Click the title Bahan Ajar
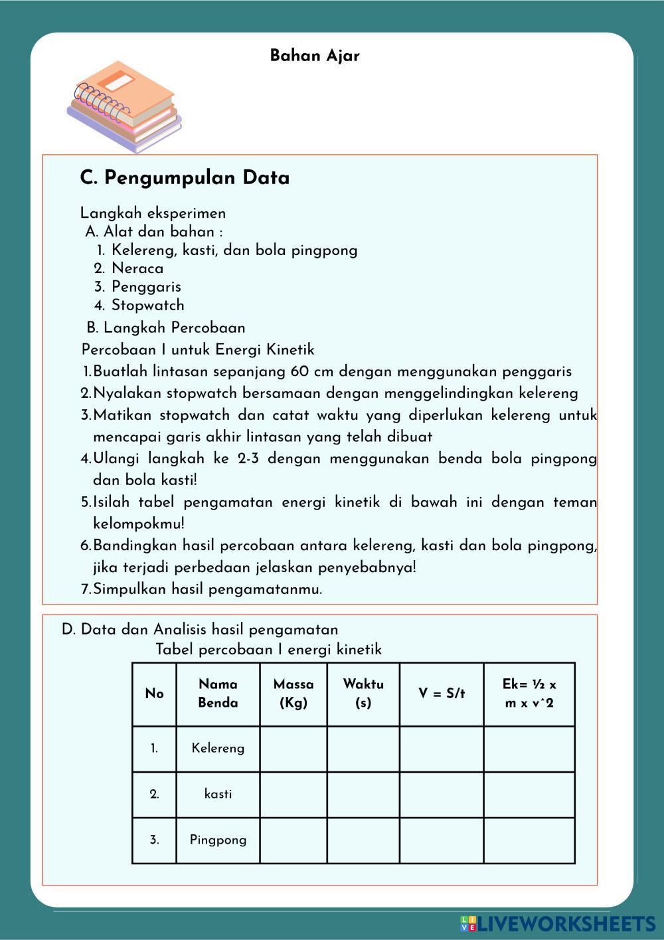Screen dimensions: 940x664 click(x=315, y=56)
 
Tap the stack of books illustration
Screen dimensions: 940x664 click(x=125, y=106)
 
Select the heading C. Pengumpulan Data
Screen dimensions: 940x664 click(x=185, y=178)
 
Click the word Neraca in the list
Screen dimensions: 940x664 click(x=137, y=268)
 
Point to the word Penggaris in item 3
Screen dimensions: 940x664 click(x=146, y=287)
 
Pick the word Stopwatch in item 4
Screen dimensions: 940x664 click(x=148, y=306)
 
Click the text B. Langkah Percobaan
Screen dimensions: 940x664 click(x=166, y=328)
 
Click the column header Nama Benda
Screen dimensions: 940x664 click(x=218, y=694)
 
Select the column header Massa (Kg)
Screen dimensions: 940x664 click(x=293, y=694)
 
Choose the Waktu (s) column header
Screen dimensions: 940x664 click(x=363, y=694)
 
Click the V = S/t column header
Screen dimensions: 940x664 click(x=442, y=694)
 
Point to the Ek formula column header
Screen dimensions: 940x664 click(x=529, y=694)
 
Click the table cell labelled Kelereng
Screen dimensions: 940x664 click(x=218, y=749)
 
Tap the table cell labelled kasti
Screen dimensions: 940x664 click(x=218, y=795)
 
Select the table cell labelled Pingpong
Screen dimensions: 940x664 click(x=218, y=840)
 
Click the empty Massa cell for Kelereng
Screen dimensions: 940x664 click(x=293, y=749)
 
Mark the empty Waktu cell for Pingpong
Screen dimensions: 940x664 click(x=363, y=840)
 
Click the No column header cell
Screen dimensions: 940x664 click(x=154, y=694)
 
